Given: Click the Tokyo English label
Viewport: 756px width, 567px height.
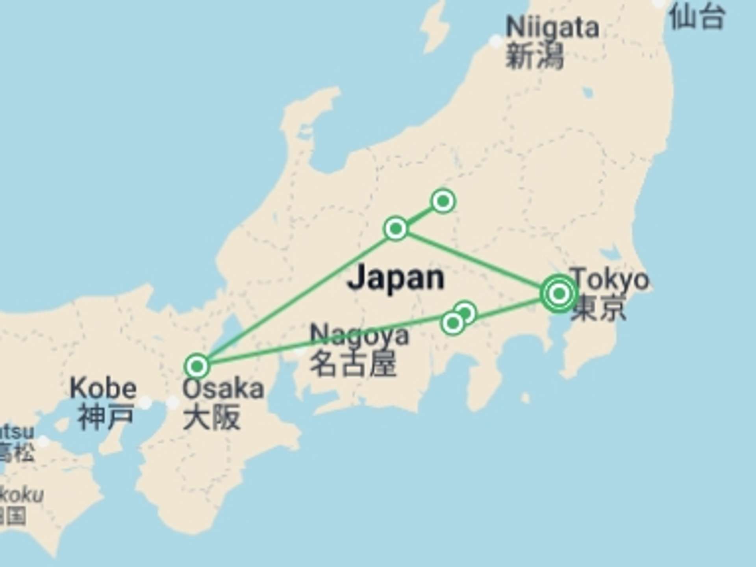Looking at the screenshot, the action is pyautogui.click(x=610, y=279).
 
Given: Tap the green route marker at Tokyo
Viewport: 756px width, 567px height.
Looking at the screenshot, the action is pyautogui.click(x=559, y=294).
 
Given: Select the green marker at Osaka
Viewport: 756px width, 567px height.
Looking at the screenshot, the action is pyautogui.click(x=197, y=366).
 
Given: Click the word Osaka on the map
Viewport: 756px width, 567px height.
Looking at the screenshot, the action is pyautogui.click(x=223, y=389).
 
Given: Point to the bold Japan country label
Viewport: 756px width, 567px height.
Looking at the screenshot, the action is pyautogui.click(x=396, y=278).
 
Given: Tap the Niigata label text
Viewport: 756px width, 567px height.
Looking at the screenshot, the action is pyautogui.click(x=552, y=27).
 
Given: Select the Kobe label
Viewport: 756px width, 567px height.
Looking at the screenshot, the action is pyautogui.click(x=103, y=388).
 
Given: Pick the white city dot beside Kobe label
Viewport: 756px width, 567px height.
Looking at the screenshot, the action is pyautogui.click(x=145, y=402).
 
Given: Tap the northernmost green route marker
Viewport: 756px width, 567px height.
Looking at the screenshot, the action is pyautogui.click(x=443, y=201).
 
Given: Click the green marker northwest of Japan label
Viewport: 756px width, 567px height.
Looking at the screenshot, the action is pyautogui.click(x=396, y=228).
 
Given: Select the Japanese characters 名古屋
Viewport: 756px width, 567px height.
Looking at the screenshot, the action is pyautogui.click(x=353, y=363).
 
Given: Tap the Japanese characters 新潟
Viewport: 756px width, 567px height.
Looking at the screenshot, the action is pyautogui.click(x=534, y=56).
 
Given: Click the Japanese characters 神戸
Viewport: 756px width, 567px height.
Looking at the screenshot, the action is pyautogui.click(x=105, y=417).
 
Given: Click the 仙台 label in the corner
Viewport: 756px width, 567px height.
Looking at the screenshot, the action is pyautogui.click(x=697, y=18).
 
